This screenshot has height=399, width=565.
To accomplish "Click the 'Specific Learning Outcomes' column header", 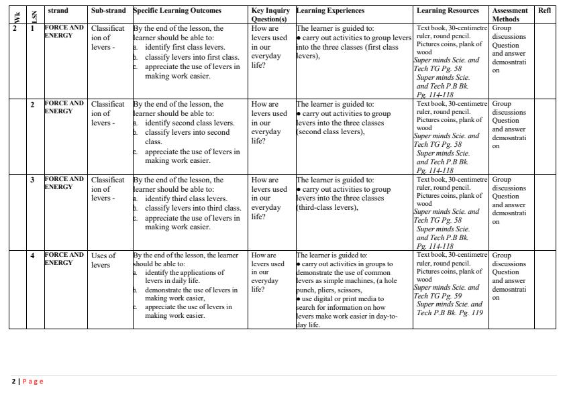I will coord(177,11).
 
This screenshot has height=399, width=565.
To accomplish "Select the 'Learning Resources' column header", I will coord(448,11).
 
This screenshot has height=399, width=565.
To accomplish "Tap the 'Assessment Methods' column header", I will coord(510,15).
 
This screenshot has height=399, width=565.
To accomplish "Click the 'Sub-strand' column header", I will coord(109,11).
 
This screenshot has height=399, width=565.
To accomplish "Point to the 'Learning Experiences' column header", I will coord(330,11).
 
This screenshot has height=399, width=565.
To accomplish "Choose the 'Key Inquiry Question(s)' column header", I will coord(270,15).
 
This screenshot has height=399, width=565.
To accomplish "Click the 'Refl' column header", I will coord(544,11).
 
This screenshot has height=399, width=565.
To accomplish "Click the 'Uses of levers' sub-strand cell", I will coord(103,260).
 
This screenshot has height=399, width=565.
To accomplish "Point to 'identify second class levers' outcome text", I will coord(189,123).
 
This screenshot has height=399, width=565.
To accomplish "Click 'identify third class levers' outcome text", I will coord(186,199).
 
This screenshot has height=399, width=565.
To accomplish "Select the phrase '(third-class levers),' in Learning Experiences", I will coord(327,208).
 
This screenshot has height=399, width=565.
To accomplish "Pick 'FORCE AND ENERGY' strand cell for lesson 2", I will coord(64,107).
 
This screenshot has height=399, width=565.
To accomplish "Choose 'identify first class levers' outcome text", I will coord(185,48).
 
